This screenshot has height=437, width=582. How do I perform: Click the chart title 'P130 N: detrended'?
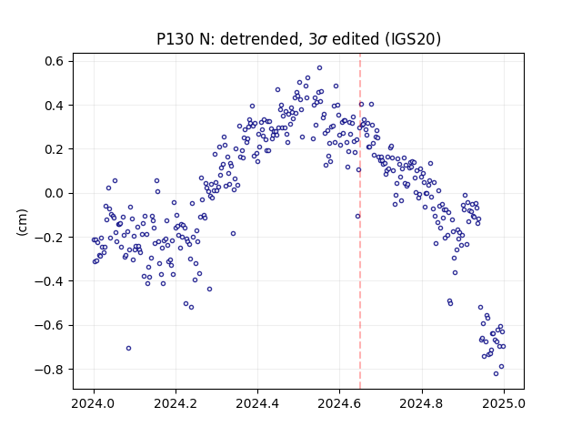tap(227, 39)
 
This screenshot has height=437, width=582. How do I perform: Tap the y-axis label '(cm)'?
tap(22, 222)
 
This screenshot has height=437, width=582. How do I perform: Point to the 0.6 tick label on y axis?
tap(55, 61)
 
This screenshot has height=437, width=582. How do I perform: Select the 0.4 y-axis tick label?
tap(55, 106)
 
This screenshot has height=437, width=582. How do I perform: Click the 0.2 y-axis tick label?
tap(55, 149)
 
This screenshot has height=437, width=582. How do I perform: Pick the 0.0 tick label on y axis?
tap(55, 194)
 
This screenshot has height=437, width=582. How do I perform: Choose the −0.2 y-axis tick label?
tap(50, 238)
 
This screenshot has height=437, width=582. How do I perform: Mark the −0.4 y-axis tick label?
tap(50, 281)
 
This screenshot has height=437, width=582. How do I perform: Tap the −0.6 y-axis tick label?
tap(50, 326)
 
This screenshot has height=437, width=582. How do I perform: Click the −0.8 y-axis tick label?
tap(50, 370)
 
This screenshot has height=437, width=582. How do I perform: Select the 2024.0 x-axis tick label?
tap(94, 403)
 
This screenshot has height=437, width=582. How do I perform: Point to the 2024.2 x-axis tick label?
tap(176, 403)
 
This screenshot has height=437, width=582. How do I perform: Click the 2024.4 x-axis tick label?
tap(257, 403)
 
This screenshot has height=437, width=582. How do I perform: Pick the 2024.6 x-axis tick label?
tap(339, 403)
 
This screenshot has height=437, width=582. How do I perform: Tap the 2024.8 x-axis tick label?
tap(421, 403)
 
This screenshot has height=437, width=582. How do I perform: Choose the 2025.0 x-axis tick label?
tap(504, 403)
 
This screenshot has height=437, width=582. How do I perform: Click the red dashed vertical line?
tap(360, 221)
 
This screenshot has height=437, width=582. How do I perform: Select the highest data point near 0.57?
tap(319, 68)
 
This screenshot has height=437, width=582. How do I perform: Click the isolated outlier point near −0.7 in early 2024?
tap(128, 348)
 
